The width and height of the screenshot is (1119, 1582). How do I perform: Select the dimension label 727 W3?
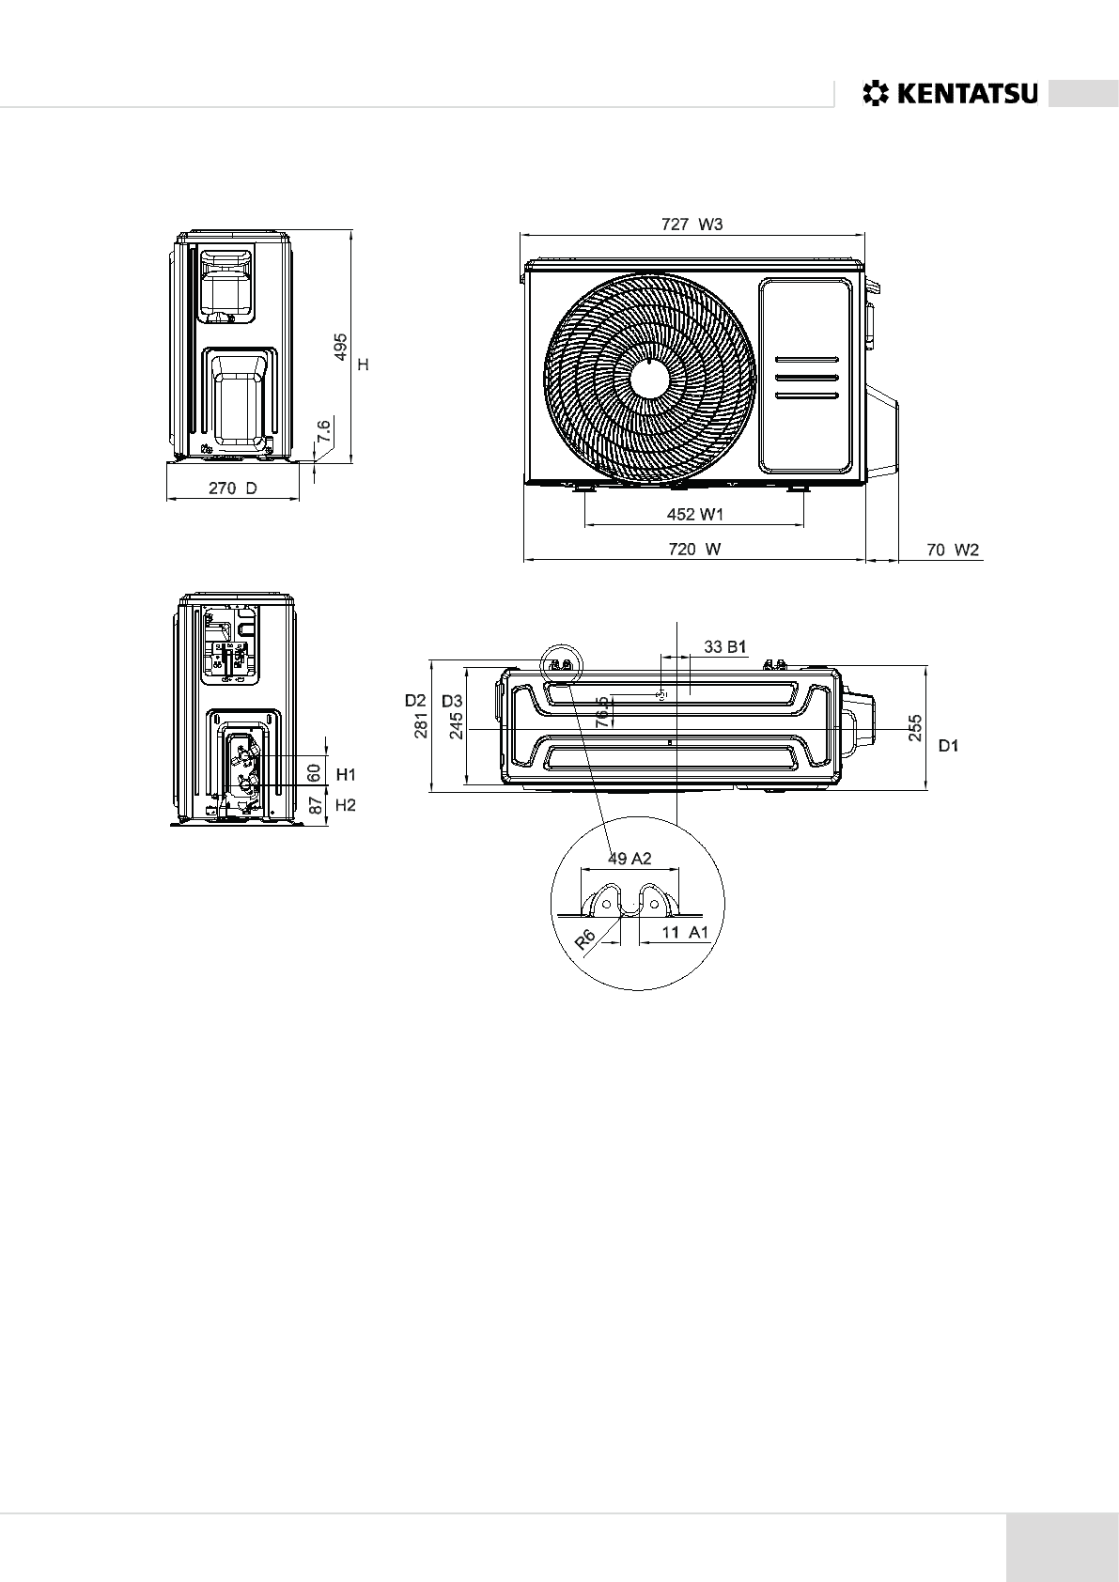click(x=692, y=224)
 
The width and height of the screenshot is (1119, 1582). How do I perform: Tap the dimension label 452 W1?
click(x=694, y=514)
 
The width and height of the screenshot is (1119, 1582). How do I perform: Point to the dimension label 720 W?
click(x=694, y=550)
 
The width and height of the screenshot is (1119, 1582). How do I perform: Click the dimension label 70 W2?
click(x=953, y=550)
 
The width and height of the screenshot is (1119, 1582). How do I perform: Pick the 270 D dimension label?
click(x=232, y=489)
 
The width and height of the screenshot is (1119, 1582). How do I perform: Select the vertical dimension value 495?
click(x=341, y=347)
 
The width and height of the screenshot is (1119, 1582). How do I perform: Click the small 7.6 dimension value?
click(x=324, y=432)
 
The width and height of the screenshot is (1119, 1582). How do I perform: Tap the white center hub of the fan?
click(x=650, y=380)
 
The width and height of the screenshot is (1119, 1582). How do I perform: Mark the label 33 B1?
click(x=723, y=646)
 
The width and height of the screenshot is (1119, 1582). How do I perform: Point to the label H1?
click(x=347, y=774)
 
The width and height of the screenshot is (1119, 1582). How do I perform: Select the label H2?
click(x=347, y=805)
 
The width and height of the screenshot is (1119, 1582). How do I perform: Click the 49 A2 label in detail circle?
click(x=629, y=858)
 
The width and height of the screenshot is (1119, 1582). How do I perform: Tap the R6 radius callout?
click(x=586, y=940)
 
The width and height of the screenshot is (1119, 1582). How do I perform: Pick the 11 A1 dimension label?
click(x=684, y=932)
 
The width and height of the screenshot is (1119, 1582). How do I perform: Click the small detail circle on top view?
click(x=561, y=661)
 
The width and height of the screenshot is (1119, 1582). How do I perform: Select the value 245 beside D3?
click(x=457, y=725)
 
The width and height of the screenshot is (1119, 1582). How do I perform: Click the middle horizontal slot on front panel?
click(x=806, y=378)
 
